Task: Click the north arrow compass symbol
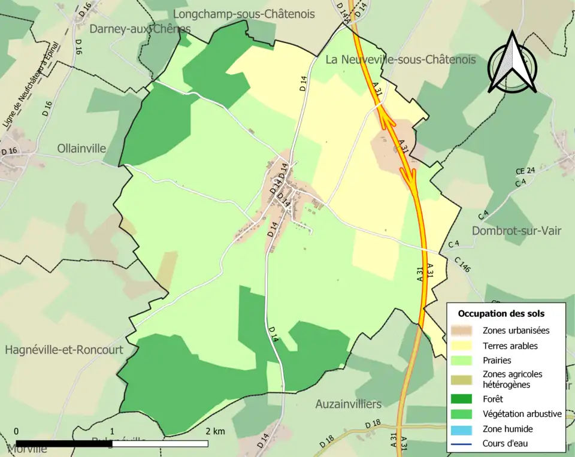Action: coord(512,63)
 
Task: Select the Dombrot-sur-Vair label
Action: coord(516,231)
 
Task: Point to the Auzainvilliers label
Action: coord(349,404)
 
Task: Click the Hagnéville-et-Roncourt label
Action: coord(64,350)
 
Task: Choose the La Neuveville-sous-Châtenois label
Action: coord(401,59)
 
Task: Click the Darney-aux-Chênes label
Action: coord(140,29)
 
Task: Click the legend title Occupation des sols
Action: coord(501,313)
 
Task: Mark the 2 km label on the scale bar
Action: coord(215,431)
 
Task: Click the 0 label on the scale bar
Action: coord(16,431)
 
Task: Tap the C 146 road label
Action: coord(462,265)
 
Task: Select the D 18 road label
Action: coord(373,424)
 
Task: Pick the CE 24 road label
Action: coord(525,171)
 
